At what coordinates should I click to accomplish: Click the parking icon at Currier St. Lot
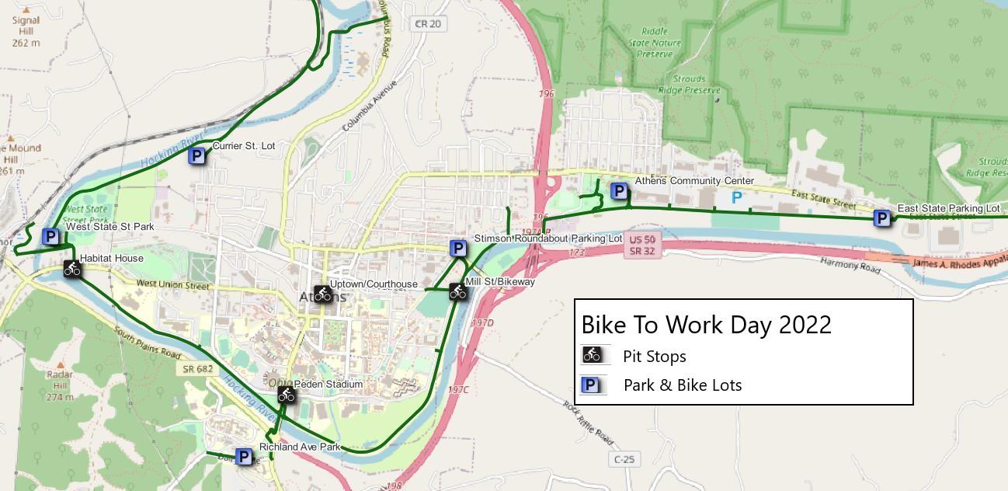coord(197,156)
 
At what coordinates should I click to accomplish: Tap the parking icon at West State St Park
coord(50,237)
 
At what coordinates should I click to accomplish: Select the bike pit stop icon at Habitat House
coord(72,270)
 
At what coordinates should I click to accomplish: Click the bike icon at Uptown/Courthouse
coord(323,294)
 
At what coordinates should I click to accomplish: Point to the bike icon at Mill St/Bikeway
coord(458,292)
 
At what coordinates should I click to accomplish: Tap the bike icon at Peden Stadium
coord(287,395)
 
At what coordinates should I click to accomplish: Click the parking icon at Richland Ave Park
coord(244,457)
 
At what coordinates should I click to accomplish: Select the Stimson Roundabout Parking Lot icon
coord(458,249)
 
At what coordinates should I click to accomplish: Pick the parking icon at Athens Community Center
coord(619,190)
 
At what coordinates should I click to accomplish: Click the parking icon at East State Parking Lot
coord(882,218)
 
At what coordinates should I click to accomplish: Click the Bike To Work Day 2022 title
coord(706,324)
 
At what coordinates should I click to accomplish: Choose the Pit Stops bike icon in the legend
coord(593,356)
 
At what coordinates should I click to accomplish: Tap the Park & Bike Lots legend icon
coord(593,385)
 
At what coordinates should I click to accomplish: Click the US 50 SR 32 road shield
coord(641,245)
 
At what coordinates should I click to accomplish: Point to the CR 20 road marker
coord(427,24)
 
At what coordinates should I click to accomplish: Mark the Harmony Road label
coord(850,265)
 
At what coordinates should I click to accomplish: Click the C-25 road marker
coord(624,459)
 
